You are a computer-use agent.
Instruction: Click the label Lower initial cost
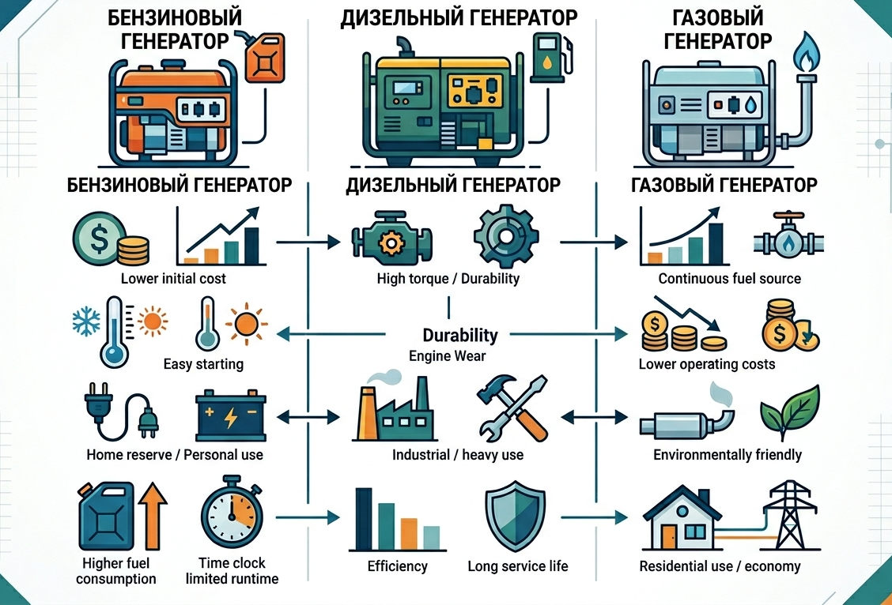coord(173,279)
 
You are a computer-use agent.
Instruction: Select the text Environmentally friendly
coord(728,455)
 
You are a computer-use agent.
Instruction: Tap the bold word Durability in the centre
coord(460,335)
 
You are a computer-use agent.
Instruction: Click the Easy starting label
coord(203,364)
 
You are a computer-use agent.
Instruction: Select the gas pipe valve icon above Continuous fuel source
coord(786,236)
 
